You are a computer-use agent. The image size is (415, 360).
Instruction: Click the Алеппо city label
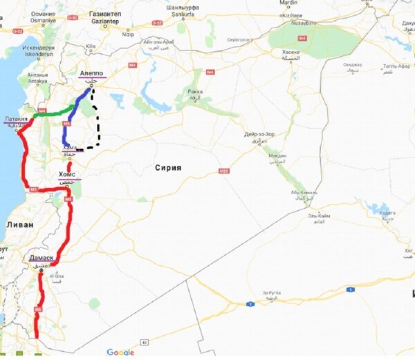pyautogui.click(x=92, y=73)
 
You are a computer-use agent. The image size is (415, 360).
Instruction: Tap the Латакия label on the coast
pyautogui.click(x=16, y=119)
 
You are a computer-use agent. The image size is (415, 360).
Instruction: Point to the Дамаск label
pyautogui.click(x=41, y=258)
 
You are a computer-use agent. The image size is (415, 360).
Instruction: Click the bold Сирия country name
pyautogui.click(x=168, y=167)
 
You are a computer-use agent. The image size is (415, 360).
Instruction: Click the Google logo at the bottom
pyautogui.click(x=120, y=352)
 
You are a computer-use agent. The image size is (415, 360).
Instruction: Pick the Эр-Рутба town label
pyautogui.click(x=271, y=292)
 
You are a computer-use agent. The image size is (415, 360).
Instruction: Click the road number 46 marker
pyautogui.click(x=145, y=342)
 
